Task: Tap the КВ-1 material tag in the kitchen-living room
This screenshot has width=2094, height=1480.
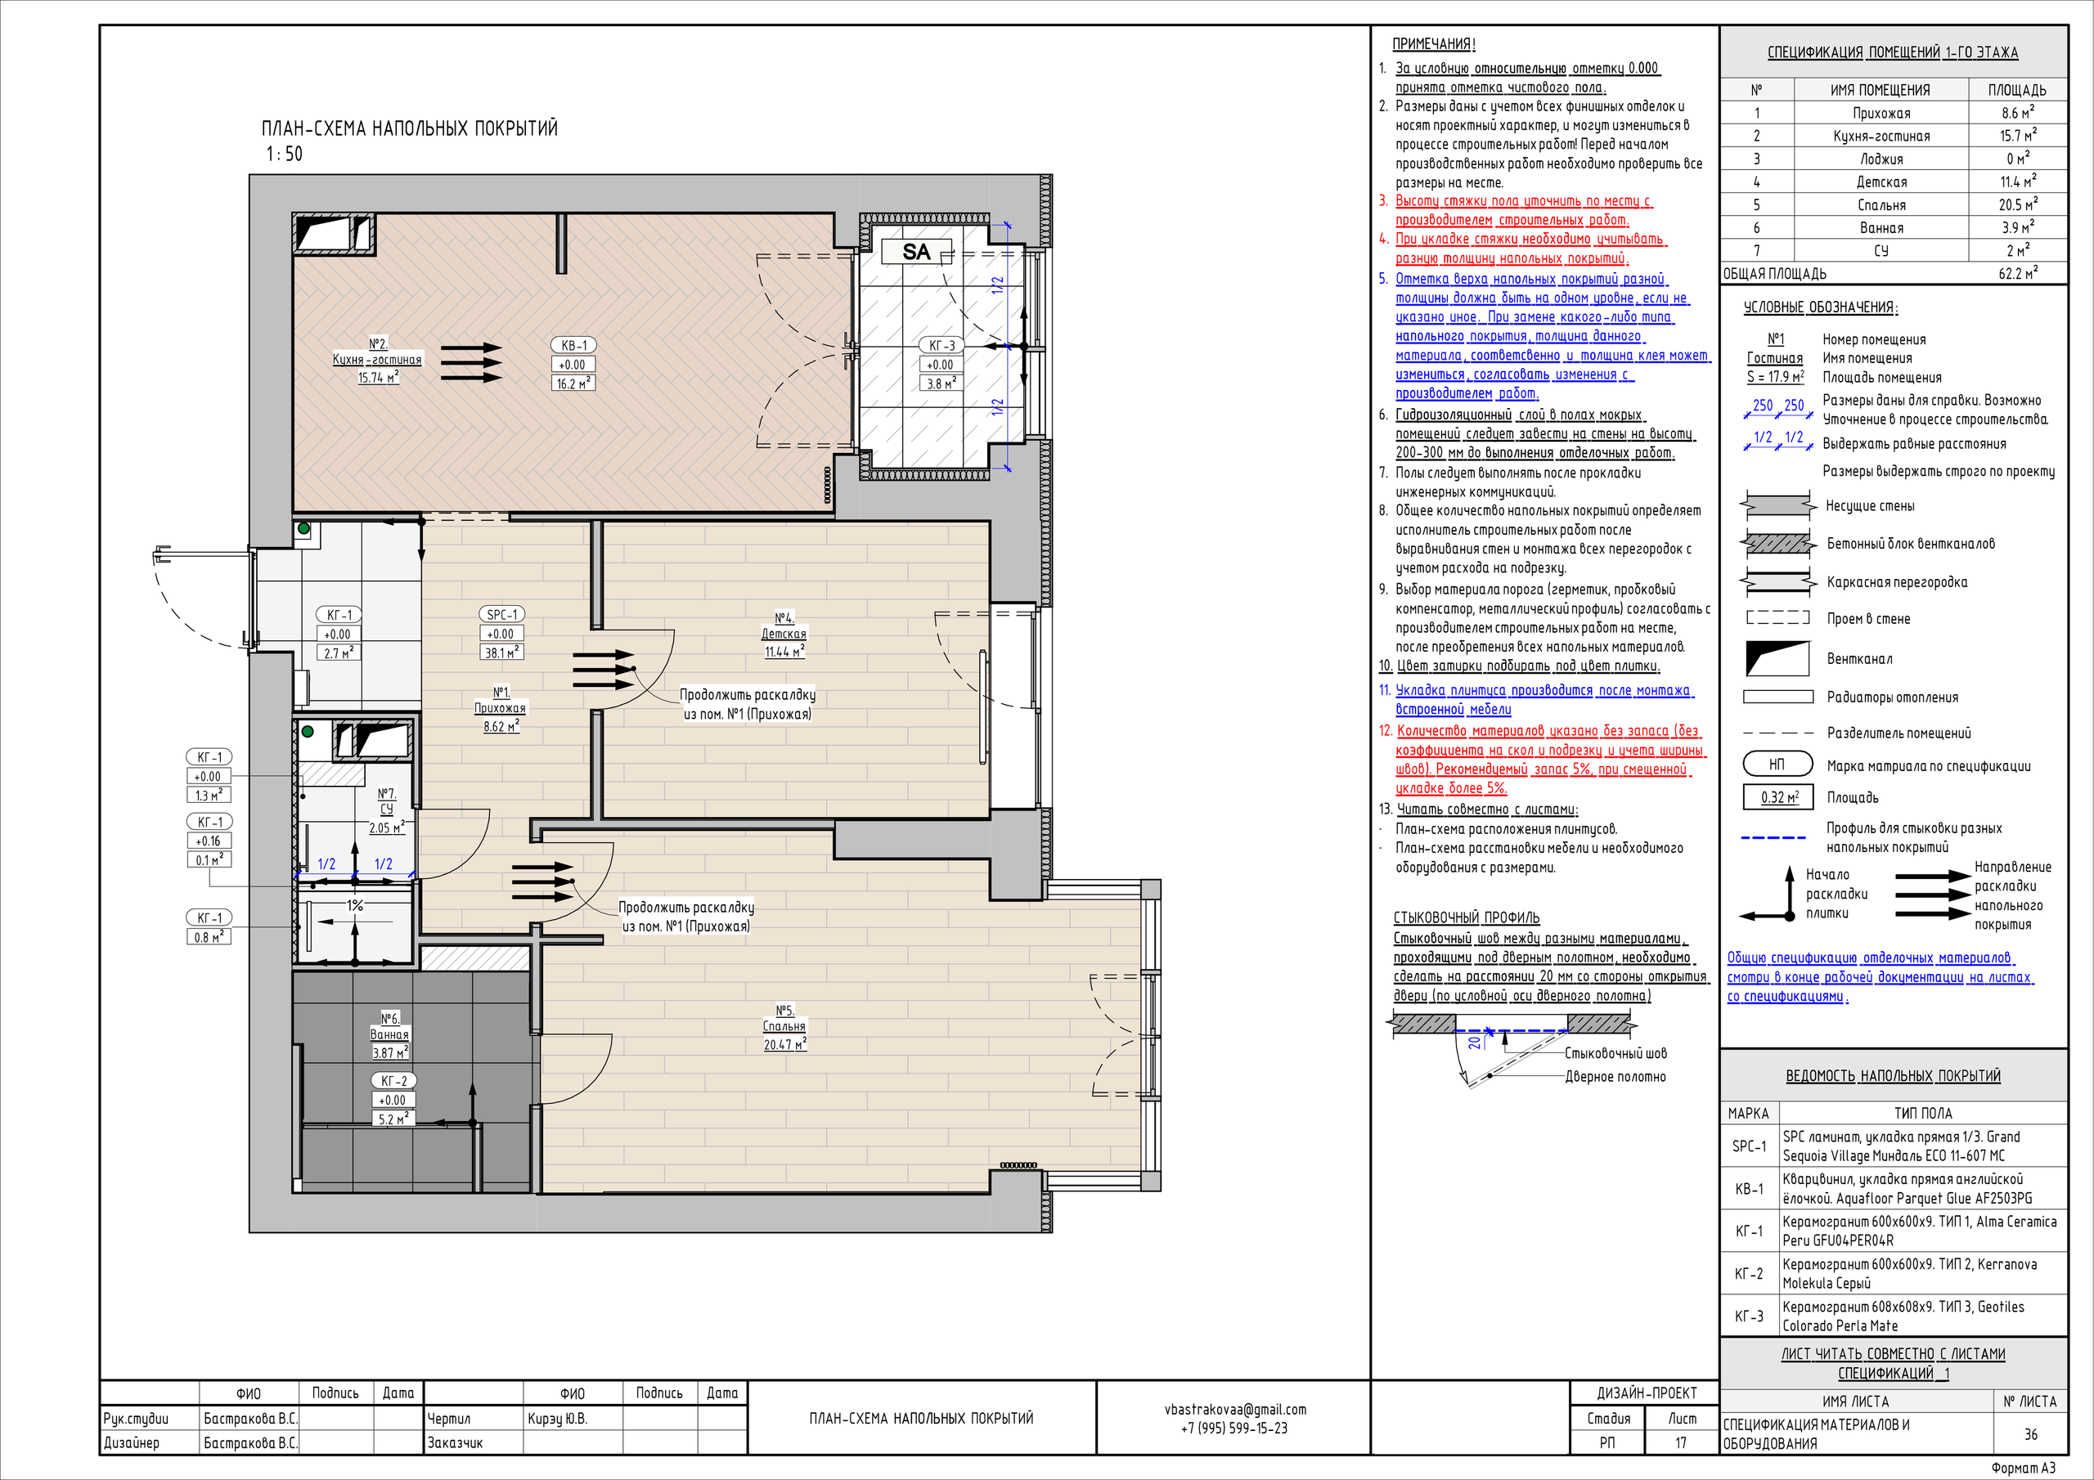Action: coord(573,346)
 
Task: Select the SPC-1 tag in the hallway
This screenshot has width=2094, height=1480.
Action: coord(501,615)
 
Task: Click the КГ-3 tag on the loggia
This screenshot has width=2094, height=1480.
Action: coord(941,346)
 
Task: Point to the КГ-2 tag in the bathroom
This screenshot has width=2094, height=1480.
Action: coord(394,1081)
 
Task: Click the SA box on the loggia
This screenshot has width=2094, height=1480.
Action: coord(917,252)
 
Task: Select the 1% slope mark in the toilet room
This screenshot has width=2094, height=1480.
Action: coord(355,905)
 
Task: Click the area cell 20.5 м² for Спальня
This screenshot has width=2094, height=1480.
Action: coord(2016,205)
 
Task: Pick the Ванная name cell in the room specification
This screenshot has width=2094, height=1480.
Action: coord(1881,228)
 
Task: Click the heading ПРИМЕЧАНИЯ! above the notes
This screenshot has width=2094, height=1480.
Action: coord(1434,44)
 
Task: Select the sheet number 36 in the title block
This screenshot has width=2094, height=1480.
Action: coord(2031,1434)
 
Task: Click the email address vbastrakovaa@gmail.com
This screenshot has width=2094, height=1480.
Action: coord(1235,1410)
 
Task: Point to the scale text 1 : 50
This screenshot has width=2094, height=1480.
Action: coord(285,154)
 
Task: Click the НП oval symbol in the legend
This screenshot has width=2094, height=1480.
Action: coord(1777,765)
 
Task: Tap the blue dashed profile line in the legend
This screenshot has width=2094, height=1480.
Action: coord(1774,837)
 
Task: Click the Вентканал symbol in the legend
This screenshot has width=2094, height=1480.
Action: coord(1777,658)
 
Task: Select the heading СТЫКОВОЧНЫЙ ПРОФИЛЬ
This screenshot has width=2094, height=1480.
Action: coord(1467,917)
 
